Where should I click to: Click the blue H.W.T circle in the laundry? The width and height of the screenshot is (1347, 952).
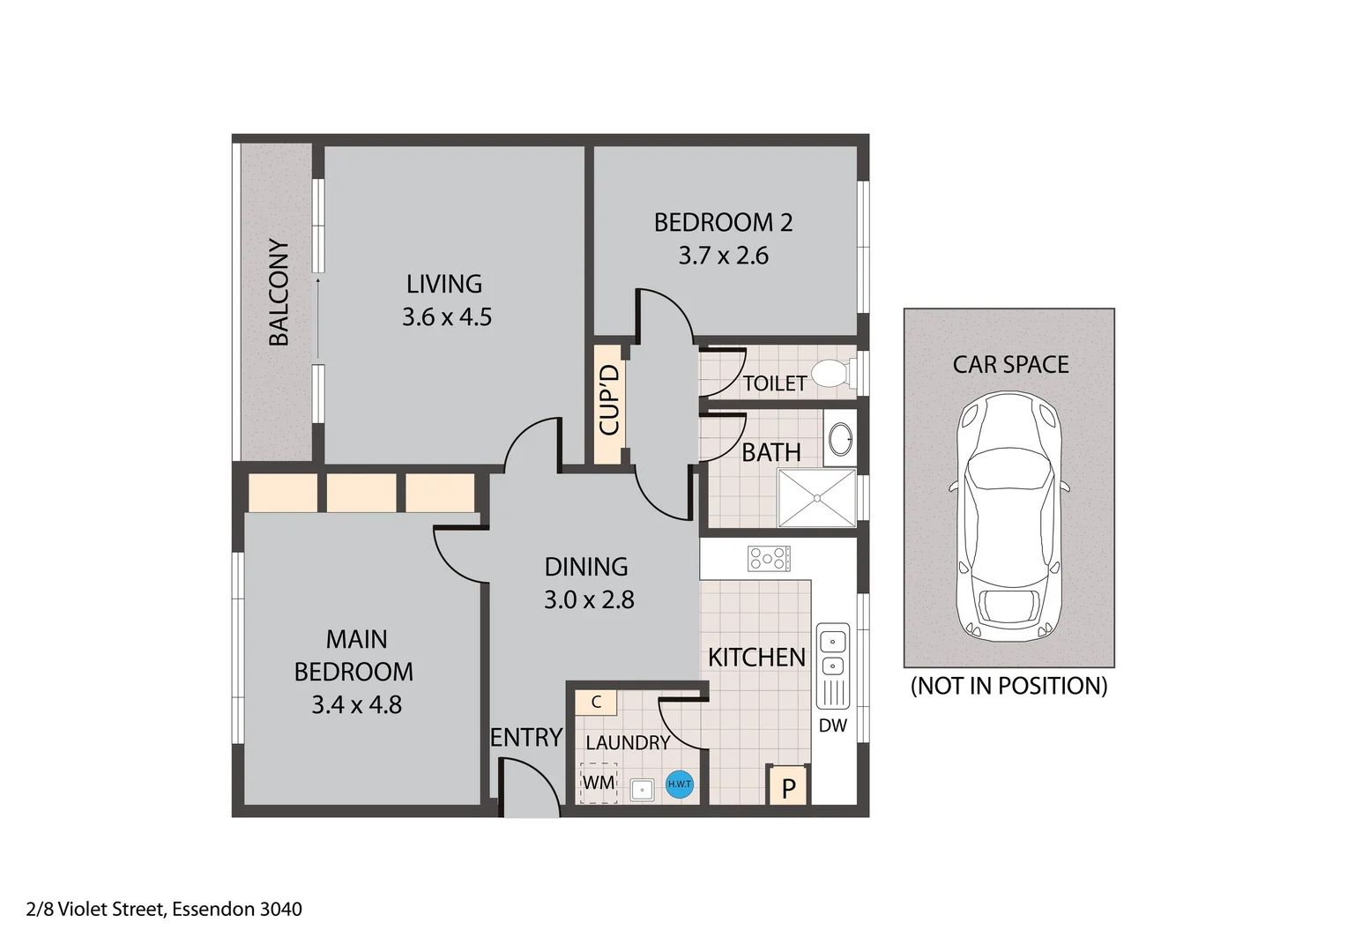[x=679, y=784]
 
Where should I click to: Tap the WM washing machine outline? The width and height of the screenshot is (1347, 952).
[x=599, y=783]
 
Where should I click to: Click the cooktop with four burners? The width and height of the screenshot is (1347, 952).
[x=769, y=558]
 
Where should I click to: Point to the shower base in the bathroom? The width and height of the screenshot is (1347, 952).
[x=816, y=498]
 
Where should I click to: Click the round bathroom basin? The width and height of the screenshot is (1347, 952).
[x=841, y=438]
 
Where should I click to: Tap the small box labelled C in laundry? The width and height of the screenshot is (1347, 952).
[x=596, y=703]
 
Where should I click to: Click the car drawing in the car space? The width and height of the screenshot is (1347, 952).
[x=1008, y=517]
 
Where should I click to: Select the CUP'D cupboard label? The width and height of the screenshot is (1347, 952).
[x=609, y=400]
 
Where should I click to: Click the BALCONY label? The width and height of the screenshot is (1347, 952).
[x=279, y=292]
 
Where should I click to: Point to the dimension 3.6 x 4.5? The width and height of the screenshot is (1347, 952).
[x=447, y=317]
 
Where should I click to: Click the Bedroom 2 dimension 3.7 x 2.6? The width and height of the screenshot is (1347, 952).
[x=723, y=256]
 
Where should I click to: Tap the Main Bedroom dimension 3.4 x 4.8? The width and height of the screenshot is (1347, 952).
[x=356, y=705]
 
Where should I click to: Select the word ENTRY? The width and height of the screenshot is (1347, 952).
[x=526, y=737]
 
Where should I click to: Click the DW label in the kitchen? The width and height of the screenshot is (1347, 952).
[x=832, y=725]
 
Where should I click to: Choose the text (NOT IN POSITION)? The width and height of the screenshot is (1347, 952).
[x=1008, y=686]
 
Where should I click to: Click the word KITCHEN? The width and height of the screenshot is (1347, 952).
[x=756, y=658]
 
